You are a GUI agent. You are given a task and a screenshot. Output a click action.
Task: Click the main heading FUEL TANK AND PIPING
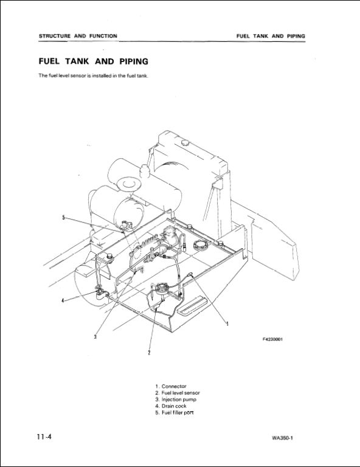point(94,61)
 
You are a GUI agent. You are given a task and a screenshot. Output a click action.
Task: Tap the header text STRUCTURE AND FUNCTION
point(78,36)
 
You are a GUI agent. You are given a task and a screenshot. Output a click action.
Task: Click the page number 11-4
point(44,437)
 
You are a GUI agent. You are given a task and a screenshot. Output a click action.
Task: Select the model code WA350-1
point(283,438)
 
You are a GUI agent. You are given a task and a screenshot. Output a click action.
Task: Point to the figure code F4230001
point(272,339)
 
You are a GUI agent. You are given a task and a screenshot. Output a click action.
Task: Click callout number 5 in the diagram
point(63,218)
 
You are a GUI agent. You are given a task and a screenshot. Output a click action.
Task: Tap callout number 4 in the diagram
point(63,300)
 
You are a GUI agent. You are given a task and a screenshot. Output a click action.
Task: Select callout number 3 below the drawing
point(95,337)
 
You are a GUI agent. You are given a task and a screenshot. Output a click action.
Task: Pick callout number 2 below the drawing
point(149,353)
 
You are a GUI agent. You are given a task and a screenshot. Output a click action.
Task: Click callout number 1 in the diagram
point(227,323)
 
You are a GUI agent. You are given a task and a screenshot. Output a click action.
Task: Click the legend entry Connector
point(171,386)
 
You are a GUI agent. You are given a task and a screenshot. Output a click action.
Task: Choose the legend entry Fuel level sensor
point(178,393)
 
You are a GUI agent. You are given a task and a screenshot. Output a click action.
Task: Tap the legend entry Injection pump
point(176,400)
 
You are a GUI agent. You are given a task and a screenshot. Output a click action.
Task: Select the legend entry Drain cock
point(171,406)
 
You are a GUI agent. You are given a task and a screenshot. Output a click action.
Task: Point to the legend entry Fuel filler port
point(175,412)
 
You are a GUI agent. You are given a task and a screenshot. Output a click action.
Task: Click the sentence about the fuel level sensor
point(94,75)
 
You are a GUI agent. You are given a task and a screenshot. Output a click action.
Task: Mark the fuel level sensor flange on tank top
point(161,288)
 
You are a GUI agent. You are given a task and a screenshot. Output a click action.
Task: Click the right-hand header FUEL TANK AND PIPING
point(271,36)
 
